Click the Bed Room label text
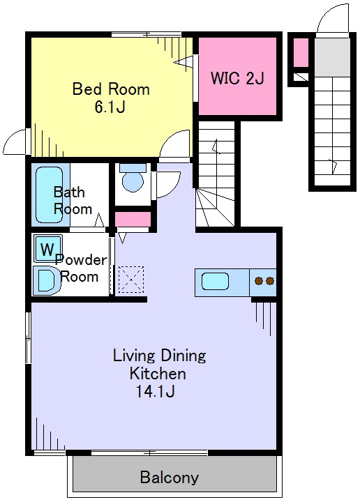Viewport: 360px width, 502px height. [111, 89]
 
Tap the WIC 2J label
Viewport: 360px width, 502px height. [237, 78]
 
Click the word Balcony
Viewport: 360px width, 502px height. [170, 478]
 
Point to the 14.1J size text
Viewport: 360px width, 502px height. [156, 391]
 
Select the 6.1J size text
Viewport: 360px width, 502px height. [110, 107]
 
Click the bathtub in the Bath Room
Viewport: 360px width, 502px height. [49, 195]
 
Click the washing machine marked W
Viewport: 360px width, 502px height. [47, 248]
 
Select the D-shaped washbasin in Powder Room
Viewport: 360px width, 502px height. [47, 281]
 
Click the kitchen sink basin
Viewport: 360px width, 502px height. [215, 281]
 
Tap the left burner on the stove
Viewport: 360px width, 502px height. [259, 281]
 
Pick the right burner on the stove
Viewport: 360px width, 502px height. [270, 281]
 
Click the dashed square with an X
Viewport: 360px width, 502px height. [131, 280]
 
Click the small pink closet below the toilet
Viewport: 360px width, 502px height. [133, 220]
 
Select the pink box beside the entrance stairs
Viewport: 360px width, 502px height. [301, 52]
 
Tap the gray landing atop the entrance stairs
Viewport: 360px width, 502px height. [331, 57]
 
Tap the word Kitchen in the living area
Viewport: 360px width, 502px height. [158, 373]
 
